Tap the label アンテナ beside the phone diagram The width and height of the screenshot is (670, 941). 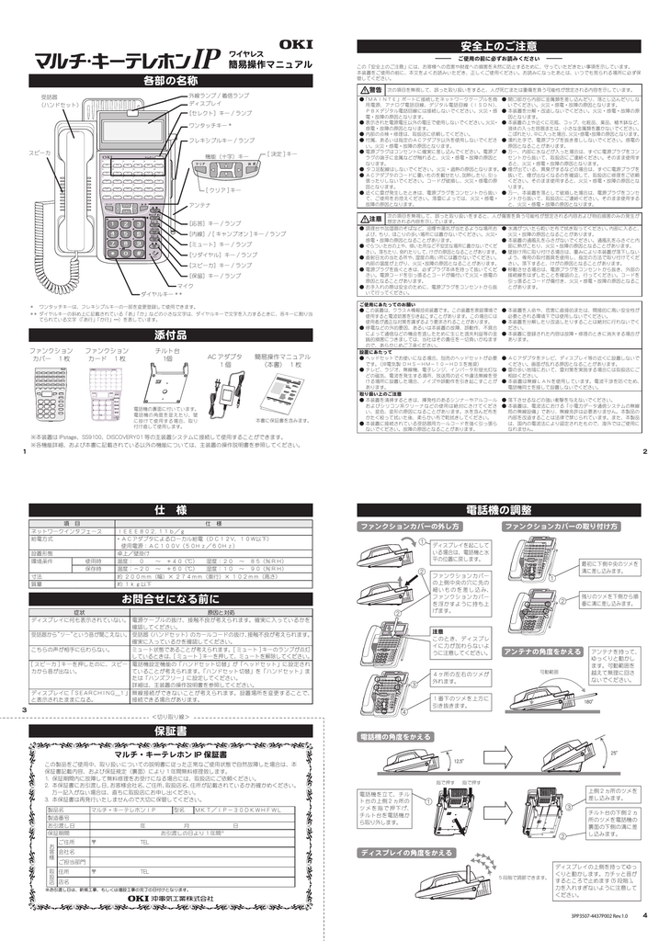pos(201,203)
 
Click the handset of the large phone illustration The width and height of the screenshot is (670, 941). pos(70,184)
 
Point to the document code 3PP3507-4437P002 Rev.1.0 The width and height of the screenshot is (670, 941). pos(597,915)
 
